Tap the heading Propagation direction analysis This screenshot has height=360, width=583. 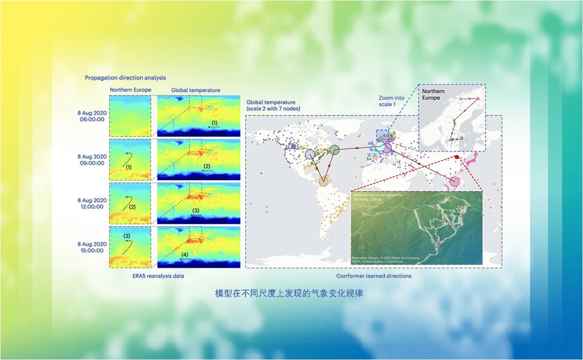125,78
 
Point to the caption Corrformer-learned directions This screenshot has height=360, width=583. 374,276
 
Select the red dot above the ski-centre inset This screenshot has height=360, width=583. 457,157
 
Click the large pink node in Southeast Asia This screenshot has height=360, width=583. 454,182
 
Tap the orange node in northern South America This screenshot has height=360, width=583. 324,182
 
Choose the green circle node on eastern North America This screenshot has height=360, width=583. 334,150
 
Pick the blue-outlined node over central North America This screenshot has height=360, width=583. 310,154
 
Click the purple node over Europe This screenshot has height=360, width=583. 387,148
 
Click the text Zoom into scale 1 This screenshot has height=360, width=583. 391,101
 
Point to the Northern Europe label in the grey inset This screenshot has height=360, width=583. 431,94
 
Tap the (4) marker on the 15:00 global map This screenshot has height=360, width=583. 184,255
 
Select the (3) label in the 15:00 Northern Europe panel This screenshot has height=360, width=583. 127,236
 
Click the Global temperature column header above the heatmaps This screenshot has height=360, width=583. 196,90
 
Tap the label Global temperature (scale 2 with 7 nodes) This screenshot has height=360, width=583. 273,105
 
